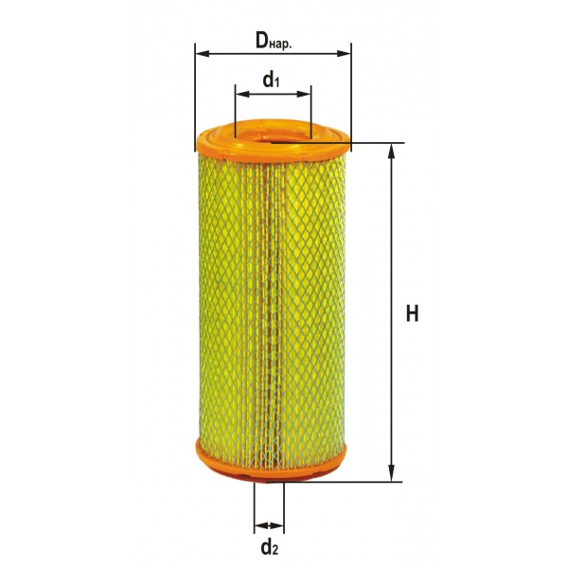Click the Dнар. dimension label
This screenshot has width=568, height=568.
tap(274, 40)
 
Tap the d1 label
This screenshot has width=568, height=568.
tap(271, 80)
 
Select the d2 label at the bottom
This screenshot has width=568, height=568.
tap(269, 547)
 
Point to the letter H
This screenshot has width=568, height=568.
tap(412, 313)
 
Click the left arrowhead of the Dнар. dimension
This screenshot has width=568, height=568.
tap(203, 54)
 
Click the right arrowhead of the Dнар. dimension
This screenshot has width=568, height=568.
tap(344, 54)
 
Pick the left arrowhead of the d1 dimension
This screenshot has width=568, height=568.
tap(242, 94)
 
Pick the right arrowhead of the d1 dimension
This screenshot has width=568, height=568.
tap(304, 94)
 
